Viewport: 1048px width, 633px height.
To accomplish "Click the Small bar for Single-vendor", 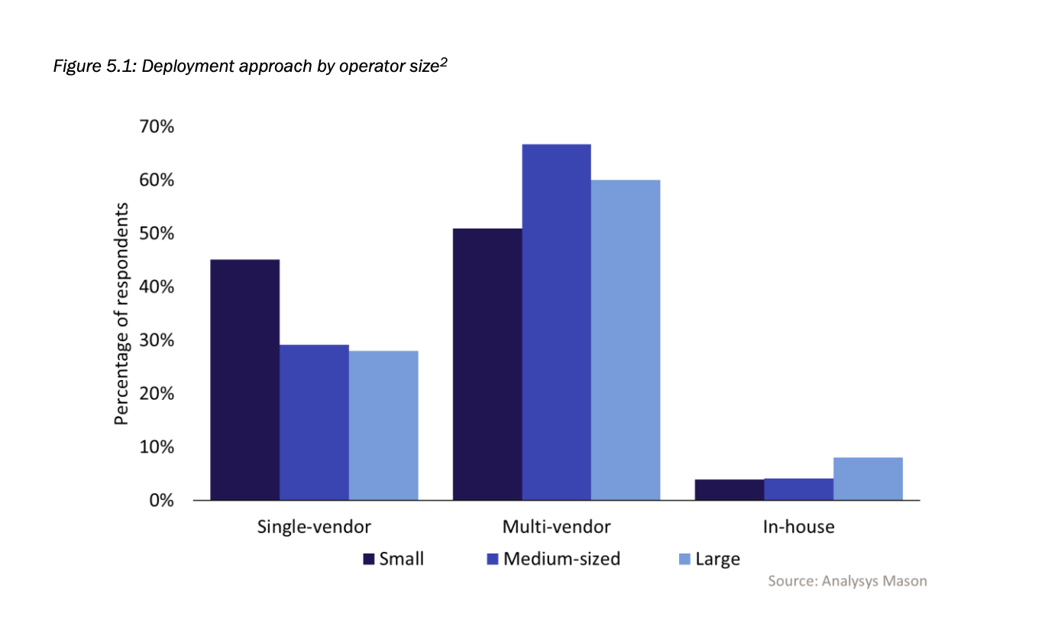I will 244,380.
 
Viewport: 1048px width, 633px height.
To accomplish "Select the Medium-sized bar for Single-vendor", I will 314,422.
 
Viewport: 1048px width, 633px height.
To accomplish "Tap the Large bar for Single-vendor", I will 383,425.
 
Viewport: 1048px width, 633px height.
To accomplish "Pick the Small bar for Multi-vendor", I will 487,364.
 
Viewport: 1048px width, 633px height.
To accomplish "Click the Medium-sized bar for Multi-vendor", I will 556,322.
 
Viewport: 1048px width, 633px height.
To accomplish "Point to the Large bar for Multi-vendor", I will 626,340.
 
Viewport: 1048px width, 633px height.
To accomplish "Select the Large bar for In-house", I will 868,479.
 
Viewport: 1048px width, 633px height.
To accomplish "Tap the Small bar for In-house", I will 729,490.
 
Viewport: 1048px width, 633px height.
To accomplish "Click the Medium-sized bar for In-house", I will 798,489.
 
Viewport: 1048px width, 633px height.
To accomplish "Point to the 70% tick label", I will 157,127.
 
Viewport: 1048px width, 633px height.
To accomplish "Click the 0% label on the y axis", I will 161,501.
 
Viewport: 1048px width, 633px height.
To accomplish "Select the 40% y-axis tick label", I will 157,287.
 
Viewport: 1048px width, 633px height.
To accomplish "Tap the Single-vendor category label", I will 314,527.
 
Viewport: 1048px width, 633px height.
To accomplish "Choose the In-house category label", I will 798,527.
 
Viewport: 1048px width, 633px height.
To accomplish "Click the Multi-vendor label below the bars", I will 556,527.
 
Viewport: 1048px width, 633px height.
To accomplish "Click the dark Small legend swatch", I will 369,559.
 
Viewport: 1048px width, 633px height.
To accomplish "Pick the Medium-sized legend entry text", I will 562,559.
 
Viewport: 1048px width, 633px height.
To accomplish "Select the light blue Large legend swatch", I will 684,559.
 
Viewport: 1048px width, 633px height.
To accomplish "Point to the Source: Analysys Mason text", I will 847,581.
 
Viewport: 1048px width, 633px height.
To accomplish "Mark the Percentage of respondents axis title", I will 122,314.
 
